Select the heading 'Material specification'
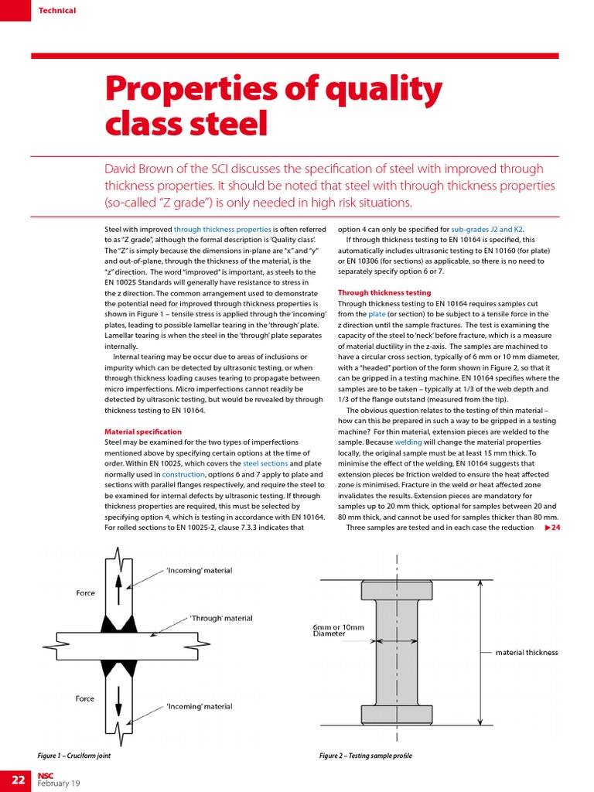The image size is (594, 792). click(143, 432)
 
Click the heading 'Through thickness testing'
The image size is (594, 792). click(384, 293)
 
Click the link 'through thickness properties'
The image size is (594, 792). click(222, 230)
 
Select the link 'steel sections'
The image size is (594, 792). click(266, 463)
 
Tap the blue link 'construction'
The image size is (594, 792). click(183, 473)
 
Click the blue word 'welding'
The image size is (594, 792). click(408, 442)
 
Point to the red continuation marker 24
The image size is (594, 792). click(552, 527)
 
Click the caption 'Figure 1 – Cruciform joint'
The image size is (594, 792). click(74, 755)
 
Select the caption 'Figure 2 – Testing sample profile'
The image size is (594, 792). click(366, 755)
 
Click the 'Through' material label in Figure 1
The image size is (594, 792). click(221, 618)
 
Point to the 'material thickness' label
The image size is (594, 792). click(527, 653)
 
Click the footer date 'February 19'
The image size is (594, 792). click(59, 783)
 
